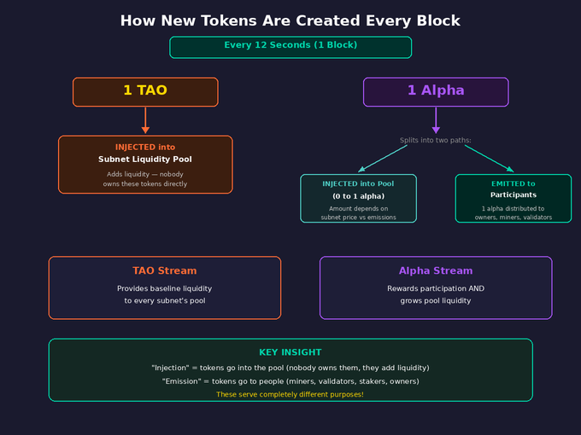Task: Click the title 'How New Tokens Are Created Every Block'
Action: pyautogui.click(x=290, y=20)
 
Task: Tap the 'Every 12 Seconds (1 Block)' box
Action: pyautogui.click(x=290, y=46)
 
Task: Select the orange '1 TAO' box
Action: pyautogui.click(x=145, y=91)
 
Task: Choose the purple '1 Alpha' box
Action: pyautogui.click(x=436, y=91)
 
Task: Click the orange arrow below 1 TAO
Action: pyautogui.click(x=145, y=120)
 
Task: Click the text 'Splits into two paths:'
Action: pyautogui.click(x=436, y=140)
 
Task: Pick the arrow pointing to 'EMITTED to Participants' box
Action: pyautogui.click(x=489, y=159)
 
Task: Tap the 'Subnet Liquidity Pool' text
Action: pyautogui.click(x=144, y=159)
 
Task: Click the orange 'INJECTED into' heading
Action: pyautogui.click(x=145, y=147)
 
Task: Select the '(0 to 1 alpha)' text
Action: pyautogui.click(x=358, y=196)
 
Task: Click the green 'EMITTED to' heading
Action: pyautogui.click(x=513, y=183)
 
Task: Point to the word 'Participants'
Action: pyautogui.click(x=513, y=195)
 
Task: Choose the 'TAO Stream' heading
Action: pyautogui.click(x=164, y=271)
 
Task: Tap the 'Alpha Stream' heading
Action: pyautogui.click(x=436, y=271)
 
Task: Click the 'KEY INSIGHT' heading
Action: pyautogui.click(x=290, y=352)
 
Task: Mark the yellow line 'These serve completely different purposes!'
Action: pyautogui.click(x=290, y=394)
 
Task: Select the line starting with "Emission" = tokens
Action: pyautogui.click(x=290, y=381)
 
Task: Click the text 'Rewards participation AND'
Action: pyautogui.click(x=436, y=288)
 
